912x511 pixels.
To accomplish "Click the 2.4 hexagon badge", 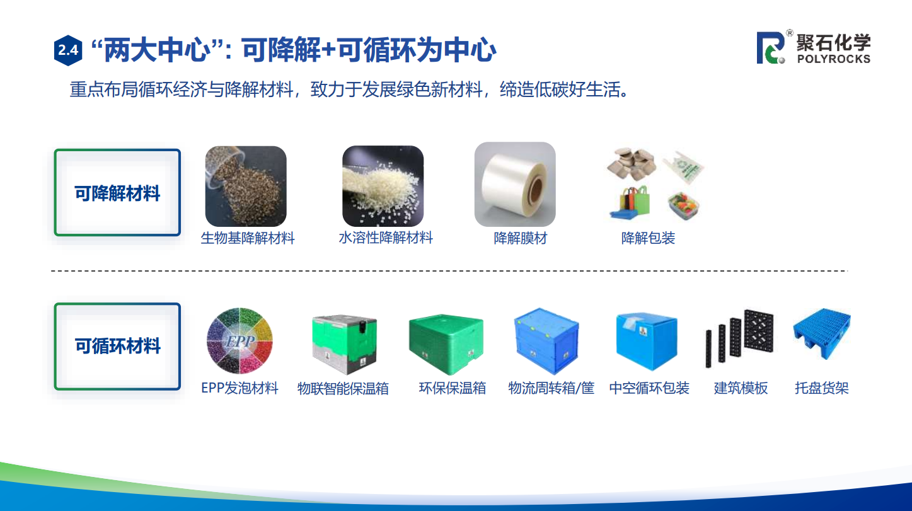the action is point(68,50).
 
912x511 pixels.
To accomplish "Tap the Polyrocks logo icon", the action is point(770,48).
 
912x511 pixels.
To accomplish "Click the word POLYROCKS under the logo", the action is point(833,59).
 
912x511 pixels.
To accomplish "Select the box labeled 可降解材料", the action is point(117,192).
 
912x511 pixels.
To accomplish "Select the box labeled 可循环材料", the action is point(117,346).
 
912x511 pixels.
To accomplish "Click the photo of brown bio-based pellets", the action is point(246,186).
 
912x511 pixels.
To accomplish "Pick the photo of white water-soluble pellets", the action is point(383,186).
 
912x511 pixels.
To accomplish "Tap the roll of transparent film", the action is point(515,184).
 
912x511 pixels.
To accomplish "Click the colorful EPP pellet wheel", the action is point(240,341).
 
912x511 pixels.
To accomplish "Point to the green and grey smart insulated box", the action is point(345,344).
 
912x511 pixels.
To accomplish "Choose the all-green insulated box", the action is point(446,345).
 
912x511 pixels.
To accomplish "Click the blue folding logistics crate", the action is point(546,342).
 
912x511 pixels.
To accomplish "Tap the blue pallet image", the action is point(822,334).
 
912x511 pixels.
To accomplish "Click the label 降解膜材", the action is point(521,238).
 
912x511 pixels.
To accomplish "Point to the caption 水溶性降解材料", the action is point(386,238).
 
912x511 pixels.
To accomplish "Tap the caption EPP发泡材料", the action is point(240,388).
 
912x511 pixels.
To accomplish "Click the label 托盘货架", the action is point(822,388).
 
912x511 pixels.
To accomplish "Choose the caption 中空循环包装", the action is point(649,388).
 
